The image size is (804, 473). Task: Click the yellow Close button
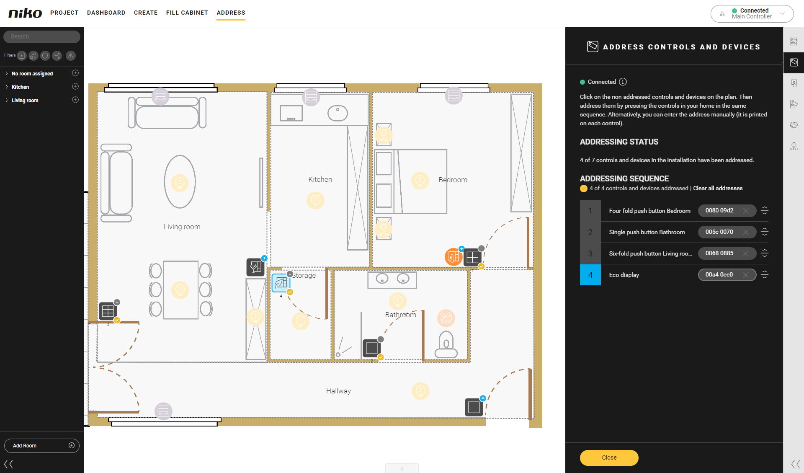pos(609,457)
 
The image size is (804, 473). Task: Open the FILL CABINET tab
pos(187,13)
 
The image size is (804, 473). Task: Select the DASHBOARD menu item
pos(106,13)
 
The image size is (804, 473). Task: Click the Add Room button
pos(42,446)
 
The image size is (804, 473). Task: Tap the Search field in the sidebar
pos(42,36)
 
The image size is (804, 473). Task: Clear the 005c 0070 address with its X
pos(746,232)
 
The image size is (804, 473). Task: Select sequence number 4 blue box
pos(590,275)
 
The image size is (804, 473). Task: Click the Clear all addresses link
pos(718,188)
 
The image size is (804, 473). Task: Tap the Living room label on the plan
pos(182,227)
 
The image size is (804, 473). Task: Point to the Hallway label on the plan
pos(338,391)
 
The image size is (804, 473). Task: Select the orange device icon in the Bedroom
pos(454,257)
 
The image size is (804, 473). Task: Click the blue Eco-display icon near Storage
pos(281,283)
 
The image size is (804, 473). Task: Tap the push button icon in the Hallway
pos(474,407)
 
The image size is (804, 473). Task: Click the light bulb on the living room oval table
pos(180,183)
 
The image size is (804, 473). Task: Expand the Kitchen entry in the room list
pos(7,87)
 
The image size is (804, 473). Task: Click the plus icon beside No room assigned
pos(75,73)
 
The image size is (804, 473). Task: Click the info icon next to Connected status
pos(623,82)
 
